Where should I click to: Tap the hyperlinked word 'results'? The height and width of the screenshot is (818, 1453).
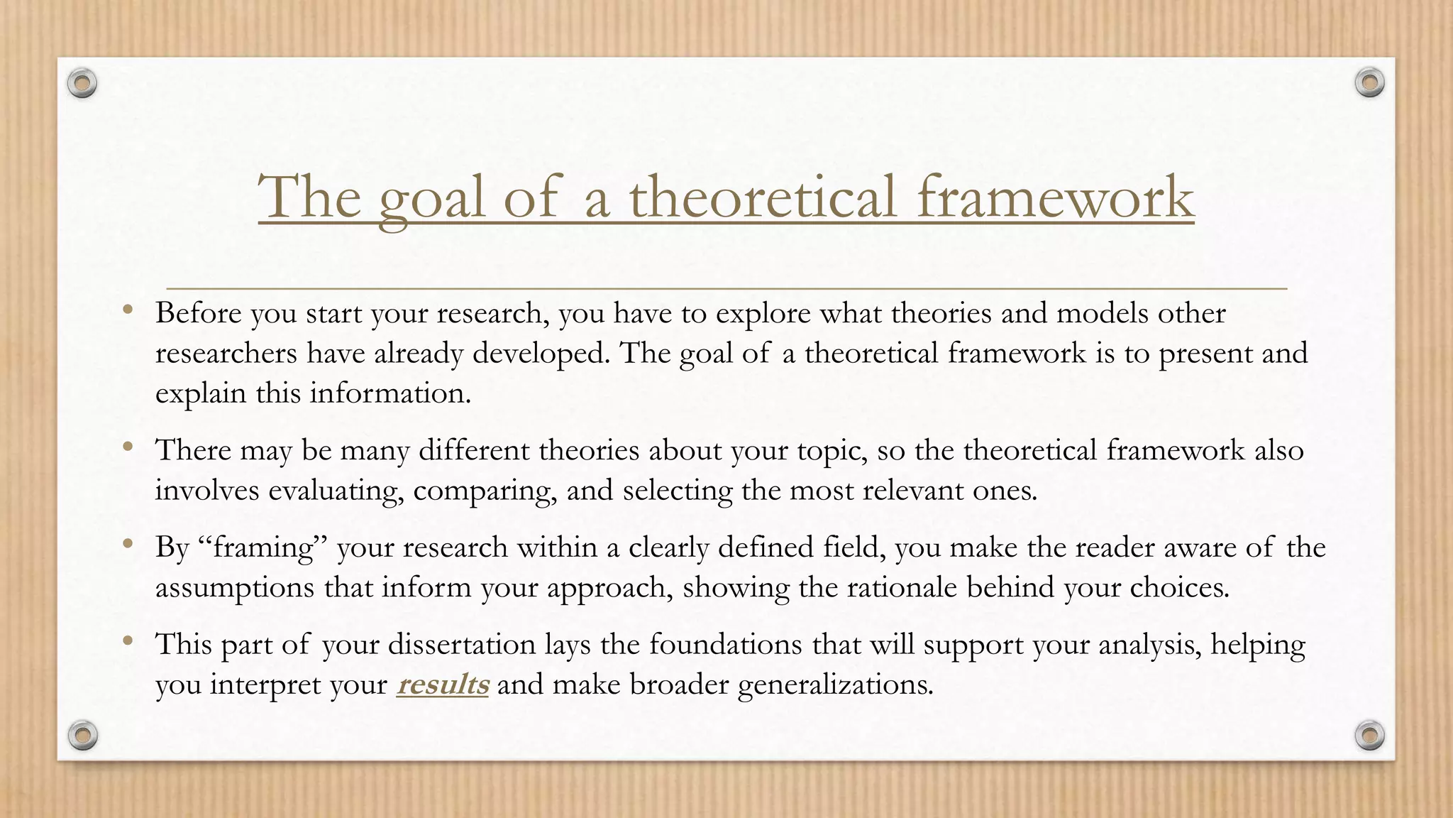pos(442,685)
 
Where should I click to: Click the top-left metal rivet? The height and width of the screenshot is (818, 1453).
pos(82,84)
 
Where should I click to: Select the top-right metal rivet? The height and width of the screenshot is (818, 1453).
pos(1369,83)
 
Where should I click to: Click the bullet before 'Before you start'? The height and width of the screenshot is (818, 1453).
pos(128,309)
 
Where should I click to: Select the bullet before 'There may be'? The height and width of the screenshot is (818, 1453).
pos(128,447)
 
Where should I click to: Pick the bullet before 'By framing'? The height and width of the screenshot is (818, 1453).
pos(128,544)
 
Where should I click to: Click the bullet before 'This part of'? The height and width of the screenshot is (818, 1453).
pos(128,640)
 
